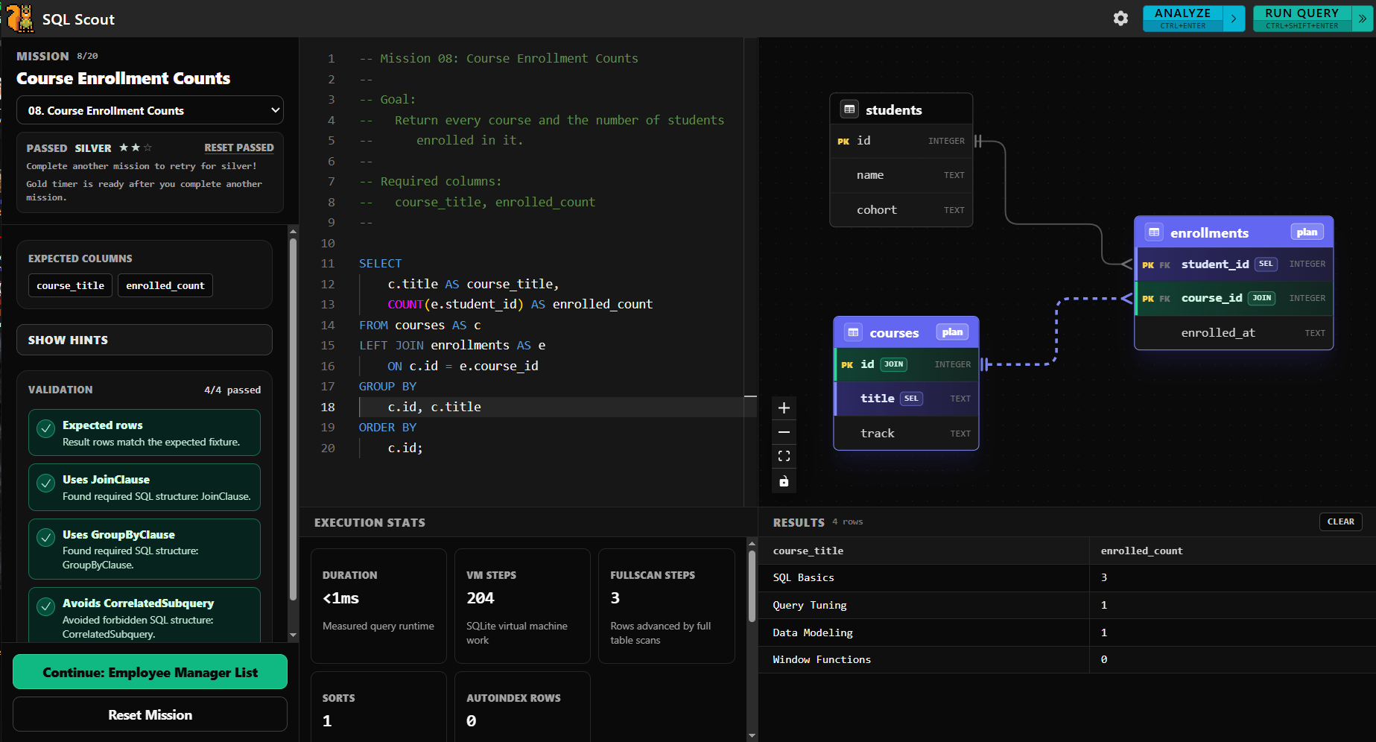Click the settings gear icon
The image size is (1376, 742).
pyautogui.click(x=1120, y=19)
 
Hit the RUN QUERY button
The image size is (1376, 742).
pyautogui.click(x=1302, y=19)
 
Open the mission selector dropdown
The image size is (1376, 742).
pyautogui.click(x=150, y=110)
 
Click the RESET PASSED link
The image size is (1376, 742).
pyautogui.click(x=239, y=148)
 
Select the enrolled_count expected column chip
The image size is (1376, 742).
pyautogui.click(x=165, y=285)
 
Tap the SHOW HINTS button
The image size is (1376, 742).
pyautogui.click(x=145, y=340)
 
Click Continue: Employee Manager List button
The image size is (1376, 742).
pyautogui.click(x=150, y=672)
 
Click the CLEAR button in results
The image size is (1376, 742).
pyautogui.click(x=1340, y=521)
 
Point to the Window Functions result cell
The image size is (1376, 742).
pyautogui.click(x=822, y=659)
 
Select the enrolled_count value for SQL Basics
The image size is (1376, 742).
pyautogui.click(x=1104, y=577)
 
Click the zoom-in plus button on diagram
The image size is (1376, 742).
pyautogui.click(x=784, y=408)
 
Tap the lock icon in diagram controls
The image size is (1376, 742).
pyautogui.click(x=784, y=481)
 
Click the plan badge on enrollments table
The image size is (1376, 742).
pyautogui.click(x=1307, y=232)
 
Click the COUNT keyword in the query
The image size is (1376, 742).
pyautogui.click(x=405, y=304)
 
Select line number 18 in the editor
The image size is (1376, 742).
pyautogui.click(x=328, y=407)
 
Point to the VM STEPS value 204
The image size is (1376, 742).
pyautogui.click(x=481, y=598)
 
